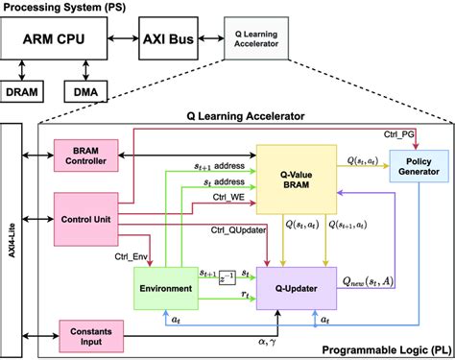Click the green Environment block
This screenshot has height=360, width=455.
[166, 287]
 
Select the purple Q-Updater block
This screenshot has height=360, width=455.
[294, 286]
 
